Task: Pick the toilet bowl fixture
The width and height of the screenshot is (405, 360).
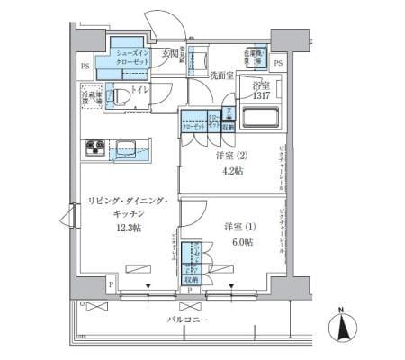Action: coord(120,96)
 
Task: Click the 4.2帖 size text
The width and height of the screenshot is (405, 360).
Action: coord(230,171)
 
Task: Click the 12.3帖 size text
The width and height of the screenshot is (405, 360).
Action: coord(128,229)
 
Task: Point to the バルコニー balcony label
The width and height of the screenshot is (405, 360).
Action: coord(188,319)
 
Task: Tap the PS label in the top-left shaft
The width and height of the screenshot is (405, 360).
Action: coord(84,66)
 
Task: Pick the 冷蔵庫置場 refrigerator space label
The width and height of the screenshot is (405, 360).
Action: coord(91,96)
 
